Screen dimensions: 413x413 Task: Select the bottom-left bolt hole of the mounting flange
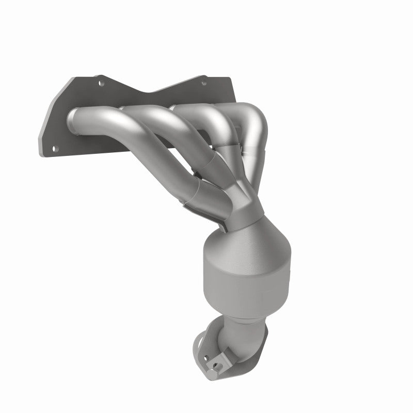56,148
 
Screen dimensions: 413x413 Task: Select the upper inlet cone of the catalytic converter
243,232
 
